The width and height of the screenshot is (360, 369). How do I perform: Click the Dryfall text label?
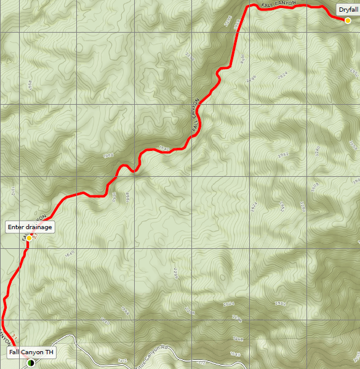pos(348,9)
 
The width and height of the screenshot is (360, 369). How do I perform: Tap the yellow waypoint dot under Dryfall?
pos(348,20)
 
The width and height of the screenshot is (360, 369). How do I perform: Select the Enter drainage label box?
pos(30,227)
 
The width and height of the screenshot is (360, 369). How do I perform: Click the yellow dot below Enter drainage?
pos(29,238)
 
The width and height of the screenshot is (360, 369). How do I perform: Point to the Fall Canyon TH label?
pos(31,352)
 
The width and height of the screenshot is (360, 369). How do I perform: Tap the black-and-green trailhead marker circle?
pos(30,363)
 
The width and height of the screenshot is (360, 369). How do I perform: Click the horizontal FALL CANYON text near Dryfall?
pos(279,4)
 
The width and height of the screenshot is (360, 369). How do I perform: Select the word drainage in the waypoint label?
pos(38,227)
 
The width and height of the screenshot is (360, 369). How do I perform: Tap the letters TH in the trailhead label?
pos(49,352)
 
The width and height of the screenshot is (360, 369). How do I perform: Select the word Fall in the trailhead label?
pos(15,352)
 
